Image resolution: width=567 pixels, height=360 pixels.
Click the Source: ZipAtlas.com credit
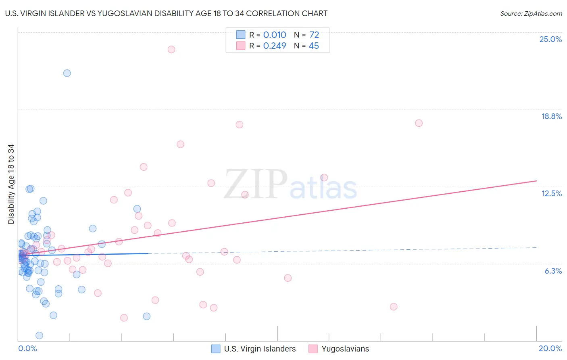tap(531, 13)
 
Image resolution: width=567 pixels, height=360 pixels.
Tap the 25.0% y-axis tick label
tap(550, 39)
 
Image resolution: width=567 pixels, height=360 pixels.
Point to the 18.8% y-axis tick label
tap(551, 116)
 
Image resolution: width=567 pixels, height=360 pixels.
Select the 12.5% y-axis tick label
tap(551, 193)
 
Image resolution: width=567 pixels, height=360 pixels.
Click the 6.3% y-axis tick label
tap(553, 271)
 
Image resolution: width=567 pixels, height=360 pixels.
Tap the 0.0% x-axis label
tap(27, 348)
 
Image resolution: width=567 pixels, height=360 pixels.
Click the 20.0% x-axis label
tap(550, 348)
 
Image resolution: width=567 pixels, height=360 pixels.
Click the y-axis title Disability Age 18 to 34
tap(11, 184)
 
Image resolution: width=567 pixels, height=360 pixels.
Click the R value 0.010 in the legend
tap(275, 35)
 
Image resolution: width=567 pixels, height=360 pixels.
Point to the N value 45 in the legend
tap(314, 46)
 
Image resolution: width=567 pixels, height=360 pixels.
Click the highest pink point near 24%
tap(171, 49)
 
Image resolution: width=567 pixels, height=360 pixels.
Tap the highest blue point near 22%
tap(67, 73)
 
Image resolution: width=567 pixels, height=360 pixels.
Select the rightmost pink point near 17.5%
tap(419, 123)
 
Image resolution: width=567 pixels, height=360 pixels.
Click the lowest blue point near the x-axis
tap(39, 335)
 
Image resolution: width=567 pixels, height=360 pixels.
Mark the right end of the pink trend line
tap(536, 181)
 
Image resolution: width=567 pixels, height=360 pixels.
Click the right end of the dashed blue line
tap(536, 247)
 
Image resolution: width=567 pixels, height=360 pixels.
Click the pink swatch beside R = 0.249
tap(241, 46)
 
